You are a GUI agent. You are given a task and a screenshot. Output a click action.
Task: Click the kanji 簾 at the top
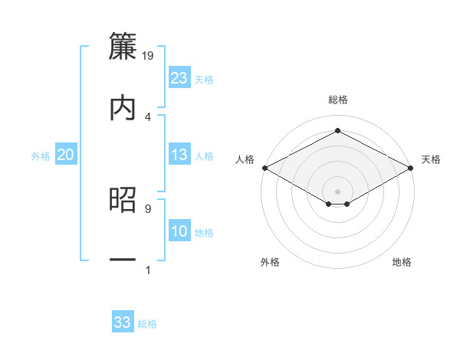coord(123,45)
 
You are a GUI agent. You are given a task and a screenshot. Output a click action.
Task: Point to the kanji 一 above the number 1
coord(123,260)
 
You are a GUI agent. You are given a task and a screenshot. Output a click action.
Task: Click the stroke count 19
coord(149,55)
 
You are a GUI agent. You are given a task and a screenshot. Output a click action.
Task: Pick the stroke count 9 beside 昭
coord(147,208)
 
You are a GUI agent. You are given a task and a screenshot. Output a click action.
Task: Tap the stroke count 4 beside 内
coord(147,116)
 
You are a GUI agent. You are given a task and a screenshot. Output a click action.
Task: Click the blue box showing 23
coord(179,78)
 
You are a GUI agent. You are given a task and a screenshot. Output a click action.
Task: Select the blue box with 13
coord(179,155)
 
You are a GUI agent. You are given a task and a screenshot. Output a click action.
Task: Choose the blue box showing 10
coord(179,231)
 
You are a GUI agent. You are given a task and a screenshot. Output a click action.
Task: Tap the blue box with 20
coord(66,155)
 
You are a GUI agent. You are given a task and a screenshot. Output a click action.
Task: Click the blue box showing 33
coord(123,322)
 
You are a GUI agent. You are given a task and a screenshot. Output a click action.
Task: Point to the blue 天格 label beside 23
coord(204,80)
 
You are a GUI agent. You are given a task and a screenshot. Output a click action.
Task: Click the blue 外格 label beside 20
coord(41,156)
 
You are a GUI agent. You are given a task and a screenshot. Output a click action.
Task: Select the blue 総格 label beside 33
coord(147,324)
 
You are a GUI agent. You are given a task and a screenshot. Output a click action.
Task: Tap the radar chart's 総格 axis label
coord(337,100)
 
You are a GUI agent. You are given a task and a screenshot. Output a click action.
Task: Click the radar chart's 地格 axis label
coord(402,263)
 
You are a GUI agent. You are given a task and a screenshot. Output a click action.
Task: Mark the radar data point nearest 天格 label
coord(412,168)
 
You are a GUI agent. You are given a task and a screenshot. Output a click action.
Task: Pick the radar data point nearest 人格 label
coord(264,168)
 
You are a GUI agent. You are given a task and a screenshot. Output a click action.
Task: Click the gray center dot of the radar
coord(337,191)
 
